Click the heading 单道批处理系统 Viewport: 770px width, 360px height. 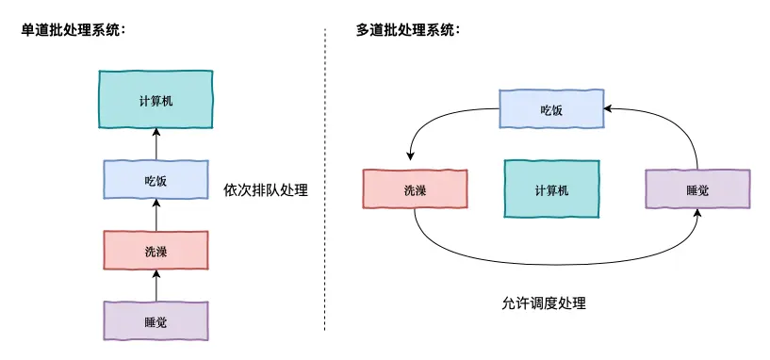(x=73, y=30)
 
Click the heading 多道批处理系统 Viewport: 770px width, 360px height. (x=407, y=30)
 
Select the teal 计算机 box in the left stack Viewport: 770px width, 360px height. (x=156, y=99)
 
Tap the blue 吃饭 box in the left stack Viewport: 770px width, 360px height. (x=156, y=180)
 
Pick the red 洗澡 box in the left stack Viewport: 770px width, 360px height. (x=156, y=251)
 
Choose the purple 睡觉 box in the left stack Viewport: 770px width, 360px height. (x=156, y=321)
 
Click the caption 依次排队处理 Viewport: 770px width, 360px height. (x=266, y=189)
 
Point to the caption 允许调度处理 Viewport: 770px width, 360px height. (x=544, y=303)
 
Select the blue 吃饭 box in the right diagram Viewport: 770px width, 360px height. (x=551, y=109)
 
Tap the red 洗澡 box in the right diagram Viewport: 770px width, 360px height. (x=415, y=189)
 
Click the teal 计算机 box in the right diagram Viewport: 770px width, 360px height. (x=551, y=189)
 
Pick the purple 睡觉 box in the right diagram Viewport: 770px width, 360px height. (x=697, y=189)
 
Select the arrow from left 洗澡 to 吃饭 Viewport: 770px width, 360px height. (x=156, y=215)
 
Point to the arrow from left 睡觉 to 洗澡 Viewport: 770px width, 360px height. (x=156, y=286)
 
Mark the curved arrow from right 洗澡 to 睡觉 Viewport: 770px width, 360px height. (x=556, y=265)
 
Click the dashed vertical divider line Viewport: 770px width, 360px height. (x=325, y=179)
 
